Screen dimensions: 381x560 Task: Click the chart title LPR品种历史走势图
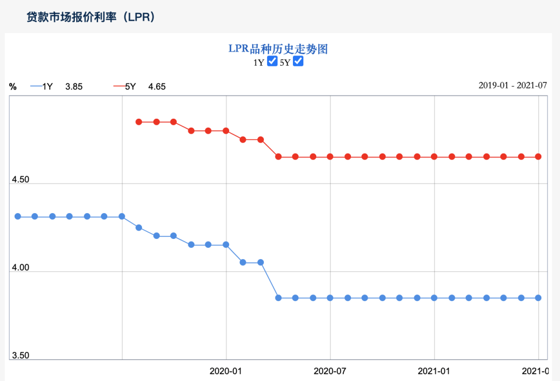tap(278, 49)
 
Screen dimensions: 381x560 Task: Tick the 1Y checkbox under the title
tap(272, 62)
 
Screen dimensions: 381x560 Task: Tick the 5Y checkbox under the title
tap(298, 62)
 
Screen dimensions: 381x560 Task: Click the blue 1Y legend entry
tap(43, 87)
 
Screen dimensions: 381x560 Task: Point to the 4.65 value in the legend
tap(157, 87)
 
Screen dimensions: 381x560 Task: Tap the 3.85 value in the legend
tap(74, 87)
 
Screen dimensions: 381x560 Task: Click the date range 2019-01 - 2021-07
tap(512, 86)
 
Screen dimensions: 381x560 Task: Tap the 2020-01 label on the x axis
tap(226, 371)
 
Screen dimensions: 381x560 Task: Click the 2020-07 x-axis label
tap(330, 371)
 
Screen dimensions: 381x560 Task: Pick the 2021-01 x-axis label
tap(434, 371)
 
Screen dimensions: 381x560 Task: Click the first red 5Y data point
tap(138, 122)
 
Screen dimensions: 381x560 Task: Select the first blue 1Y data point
tap(18, 216)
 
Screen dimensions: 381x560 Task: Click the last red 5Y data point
tap(538, 157)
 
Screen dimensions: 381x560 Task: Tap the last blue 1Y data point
tap(538, 298)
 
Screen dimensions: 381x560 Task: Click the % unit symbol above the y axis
tap(13, 87)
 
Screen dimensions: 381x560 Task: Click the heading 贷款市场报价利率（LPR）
tap(91, 17)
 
